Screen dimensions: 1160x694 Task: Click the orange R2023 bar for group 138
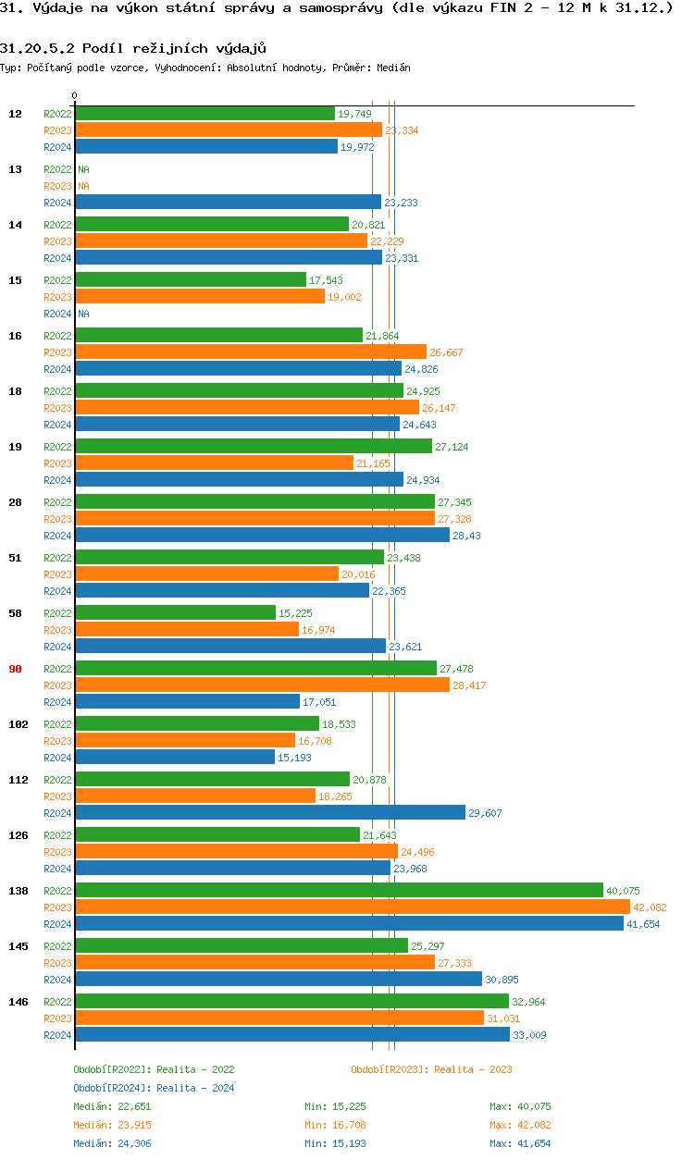pyautogui.click(x=352, y=907)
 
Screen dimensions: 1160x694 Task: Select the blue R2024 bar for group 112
pyautogui.click(x=269, y=812)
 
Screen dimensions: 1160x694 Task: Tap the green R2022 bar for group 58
pyautogui.click(x=175, y=612)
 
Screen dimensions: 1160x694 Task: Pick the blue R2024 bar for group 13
pyautogui.click(x=228, y=202)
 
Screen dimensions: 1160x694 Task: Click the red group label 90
pyautogui.click(x=15, y=669)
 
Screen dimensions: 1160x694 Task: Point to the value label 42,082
pyautogui.click(x=650, y=907)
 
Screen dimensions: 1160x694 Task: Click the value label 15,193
pyautogui.click(x=294, y=758)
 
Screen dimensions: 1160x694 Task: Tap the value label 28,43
pyautogui.click(x=466, y=536)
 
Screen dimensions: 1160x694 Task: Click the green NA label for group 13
pyautogui.click(x=83, y=169)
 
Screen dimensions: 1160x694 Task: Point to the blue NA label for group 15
pyautogui.click(x=83, y=314)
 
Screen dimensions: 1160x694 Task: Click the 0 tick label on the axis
pyautogui.click(x=74, y=95)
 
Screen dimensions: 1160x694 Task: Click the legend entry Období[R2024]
pyautogui.click(x=113, y=1088)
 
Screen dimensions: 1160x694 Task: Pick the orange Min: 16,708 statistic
pyautogui.click(x=343, y=1125)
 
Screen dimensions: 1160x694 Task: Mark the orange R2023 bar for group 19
pyautogui.click(x=214, y=463)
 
